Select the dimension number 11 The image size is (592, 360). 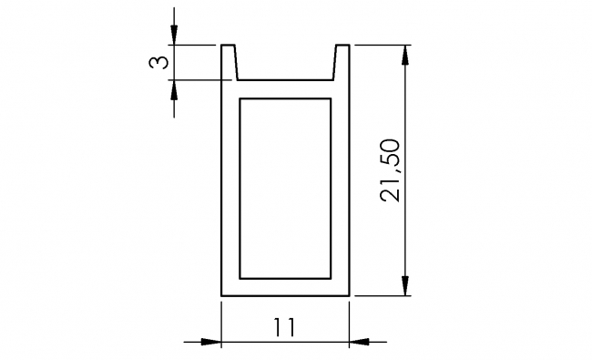coord(285,327)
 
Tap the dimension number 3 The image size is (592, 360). coord(158,62)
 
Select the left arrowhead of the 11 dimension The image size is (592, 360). coord(211,343)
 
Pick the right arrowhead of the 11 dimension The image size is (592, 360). coord(360,343)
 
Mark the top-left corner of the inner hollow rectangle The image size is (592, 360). coord(240,98)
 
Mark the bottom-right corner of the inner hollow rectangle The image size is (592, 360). coord(332,278)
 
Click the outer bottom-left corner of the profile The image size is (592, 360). coord(222,296)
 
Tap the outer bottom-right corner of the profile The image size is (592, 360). coord(350,296)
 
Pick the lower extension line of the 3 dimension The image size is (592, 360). coord(196,80)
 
